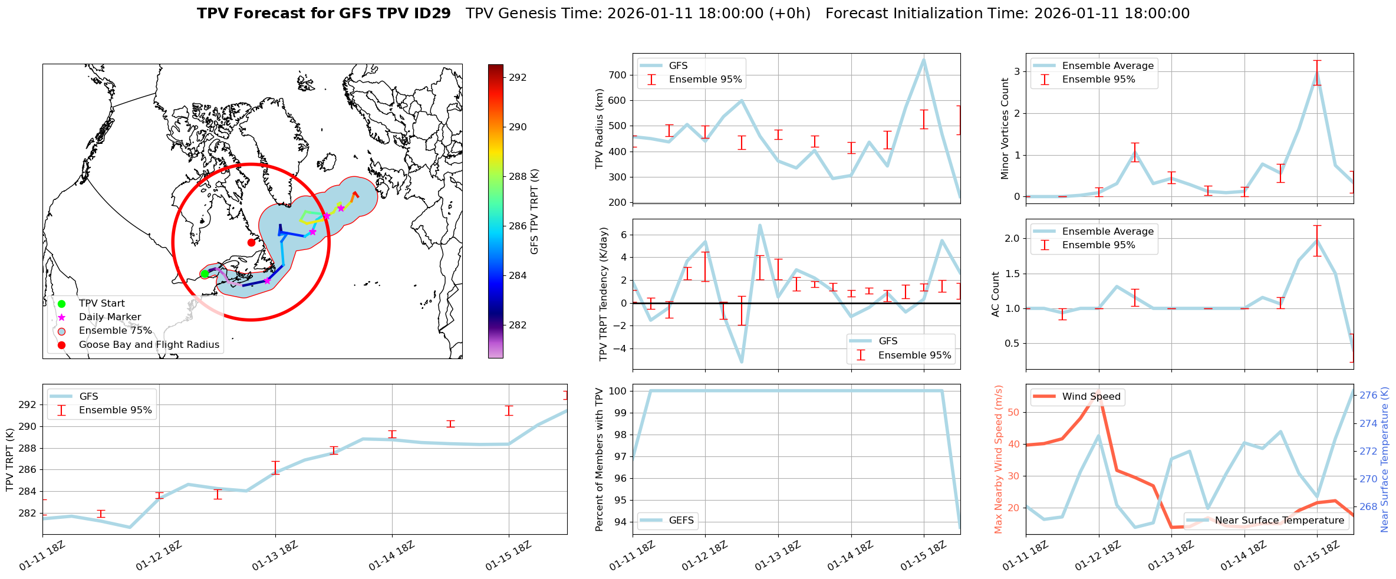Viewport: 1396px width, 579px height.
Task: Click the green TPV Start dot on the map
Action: pos(205,274)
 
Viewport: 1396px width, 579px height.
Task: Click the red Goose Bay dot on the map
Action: pos(251,242)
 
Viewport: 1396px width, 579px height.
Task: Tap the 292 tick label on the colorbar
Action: pos(518,77)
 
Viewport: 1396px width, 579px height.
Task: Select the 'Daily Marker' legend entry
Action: pos(110,317)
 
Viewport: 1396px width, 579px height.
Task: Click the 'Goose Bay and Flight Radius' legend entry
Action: pos(149,344)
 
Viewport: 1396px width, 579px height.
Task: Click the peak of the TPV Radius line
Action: pos(924,60)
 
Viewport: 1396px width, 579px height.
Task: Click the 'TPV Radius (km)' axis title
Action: pos(600,129)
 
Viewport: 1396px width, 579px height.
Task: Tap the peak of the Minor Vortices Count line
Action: pos(1317,73)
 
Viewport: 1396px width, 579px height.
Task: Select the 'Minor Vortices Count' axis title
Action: pos(1005,129)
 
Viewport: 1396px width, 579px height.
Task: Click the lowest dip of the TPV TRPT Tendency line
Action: pos(742,361)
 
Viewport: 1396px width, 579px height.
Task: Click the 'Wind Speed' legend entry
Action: pos(1091,397)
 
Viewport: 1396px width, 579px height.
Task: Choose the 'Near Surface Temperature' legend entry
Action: pos(1279,521)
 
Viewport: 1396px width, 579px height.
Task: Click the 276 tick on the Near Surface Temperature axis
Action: pos(1368,396)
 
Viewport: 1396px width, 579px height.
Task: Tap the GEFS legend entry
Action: pos(681,521)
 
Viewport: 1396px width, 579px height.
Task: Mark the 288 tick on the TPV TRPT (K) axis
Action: pos(28,448)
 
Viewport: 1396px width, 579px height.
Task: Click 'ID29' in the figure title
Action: pos(432,14)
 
